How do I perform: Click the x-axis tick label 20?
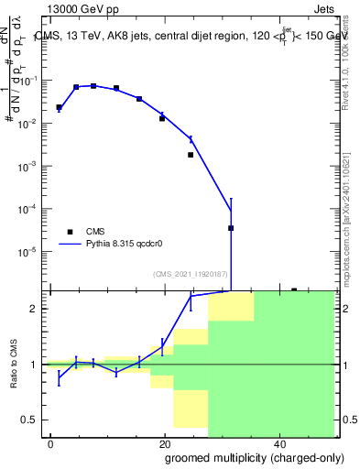(x=164, y=443)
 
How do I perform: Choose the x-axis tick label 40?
(x=278, y=443)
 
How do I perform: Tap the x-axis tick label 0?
(x=50, y=443)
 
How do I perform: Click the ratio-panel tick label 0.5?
(x=32, y=420)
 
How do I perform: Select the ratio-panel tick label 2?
(x=36, y=309)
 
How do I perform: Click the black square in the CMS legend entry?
(x=70, y=232)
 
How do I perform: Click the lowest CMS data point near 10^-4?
(x=231, y=228)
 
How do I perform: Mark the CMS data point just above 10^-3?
(x=191, y=155)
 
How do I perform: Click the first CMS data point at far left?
(x=59, y=107)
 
